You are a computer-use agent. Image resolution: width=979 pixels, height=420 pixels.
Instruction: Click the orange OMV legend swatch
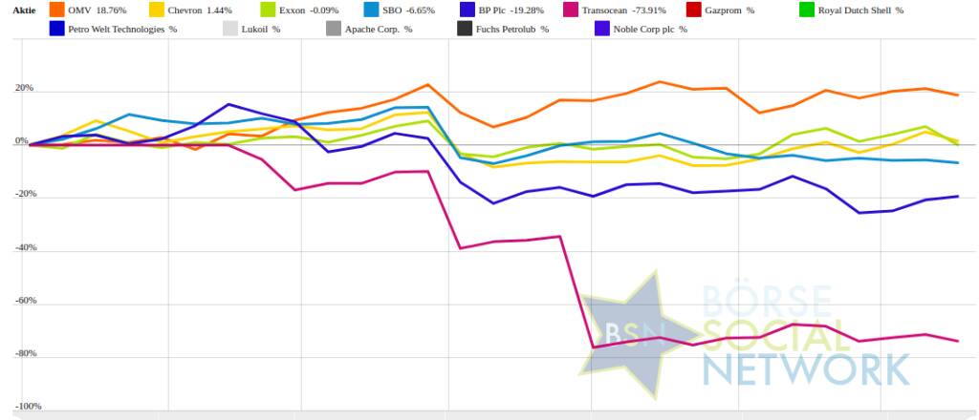click(x=55, y=10)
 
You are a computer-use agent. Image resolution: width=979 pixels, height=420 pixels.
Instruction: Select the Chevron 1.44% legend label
click(x=205, y=10)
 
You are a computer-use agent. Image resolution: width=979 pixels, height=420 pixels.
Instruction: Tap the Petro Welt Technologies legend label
click(x=122, y=29)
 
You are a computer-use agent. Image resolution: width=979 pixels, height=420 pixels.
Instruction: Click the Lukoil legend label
click(x=262, y=29)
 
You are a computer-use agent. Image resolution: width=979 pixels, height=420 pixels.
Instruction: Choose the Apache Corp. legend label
click(x=381, y=29)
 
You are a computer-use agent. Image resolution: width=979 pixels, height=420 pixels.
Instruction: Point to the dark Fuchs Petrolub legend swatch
click(x=466, y=29)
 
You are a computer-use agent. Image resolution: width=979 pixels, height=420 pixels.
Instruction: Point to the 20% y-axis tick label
click(x=23, y=89)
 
